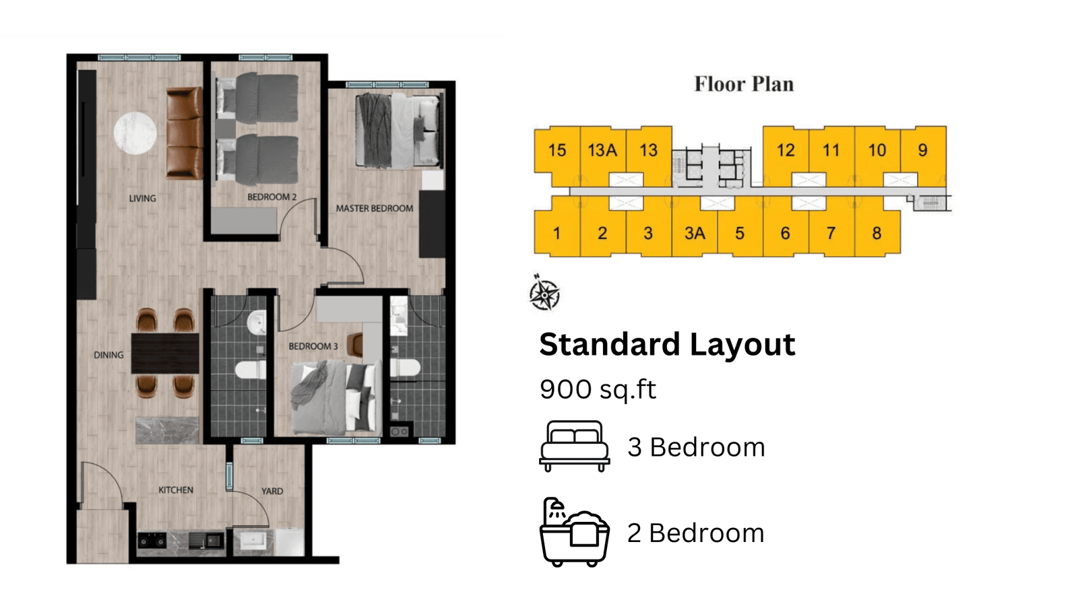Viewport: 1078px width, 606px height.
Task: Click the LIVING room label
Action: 142,198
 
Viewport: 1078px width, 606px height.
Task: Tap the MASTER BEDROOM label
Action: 375,209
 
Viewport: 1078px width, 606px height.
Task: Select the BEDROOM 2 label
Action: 272,197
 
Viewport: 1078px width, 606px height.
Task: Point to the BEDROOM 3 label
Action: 313,346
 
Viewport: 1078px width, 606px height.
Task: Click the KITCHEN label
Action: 176,490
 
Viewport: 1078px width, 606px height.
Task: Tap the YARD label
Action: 272,491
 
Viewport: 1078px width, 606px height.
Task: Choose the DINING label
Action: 108,355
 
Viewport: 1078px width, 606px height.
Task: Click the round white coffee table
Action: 135,133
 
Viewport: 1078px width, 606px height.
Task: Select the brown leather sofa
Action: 185,133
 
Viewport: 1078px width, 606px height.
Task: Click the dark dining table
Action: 165,353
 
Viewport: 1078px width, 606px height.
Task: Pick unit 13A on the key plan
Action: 602,151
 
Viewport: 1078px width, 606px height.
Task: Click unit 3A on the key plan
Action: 695,233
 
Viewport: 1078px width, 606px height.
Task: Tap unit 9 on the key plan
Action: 923,150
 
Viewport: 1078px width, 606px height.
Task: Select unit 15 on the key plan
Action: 557,151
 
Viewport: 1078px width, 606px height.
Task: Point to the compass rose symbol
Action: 544,293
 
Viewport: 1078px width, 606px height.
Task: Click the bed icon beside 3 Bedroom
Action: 575,446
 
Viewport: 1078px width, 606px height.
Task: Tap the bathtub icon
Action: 575,532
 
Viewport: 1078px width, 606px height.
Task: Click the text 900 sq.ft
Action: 598,389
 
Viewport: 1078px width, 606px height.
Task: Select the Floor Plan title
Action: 744,84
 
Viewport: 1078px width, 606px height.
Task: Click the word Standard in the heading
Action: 610,344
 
